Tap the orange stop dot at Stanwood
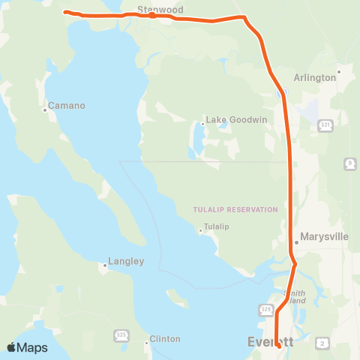click(x=152, y=15)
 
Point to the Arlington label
click(x=314, y=77)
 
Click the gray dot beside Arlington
click(x=340, y=73)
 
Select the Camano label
click(x=67, y=106)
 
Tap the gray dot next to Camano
click(x=45, y=110)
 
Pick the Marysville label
click(x=324, y=236)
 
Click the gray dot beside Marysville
click(x=297, y=241)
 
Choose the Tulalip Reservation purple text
click(x=235, y=209)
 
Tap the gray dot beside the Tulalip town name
click(x=200, y=231)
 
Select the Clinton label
click(x=165, y=338)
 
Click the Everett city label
click(x=265, y=342)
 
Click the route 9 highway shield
click(x=350, y=163)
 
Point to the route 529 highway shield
click(x=265, y=308)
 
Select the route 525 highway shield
click(x=121, y=333)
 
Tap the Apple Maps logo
click(x=27, y=347)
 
